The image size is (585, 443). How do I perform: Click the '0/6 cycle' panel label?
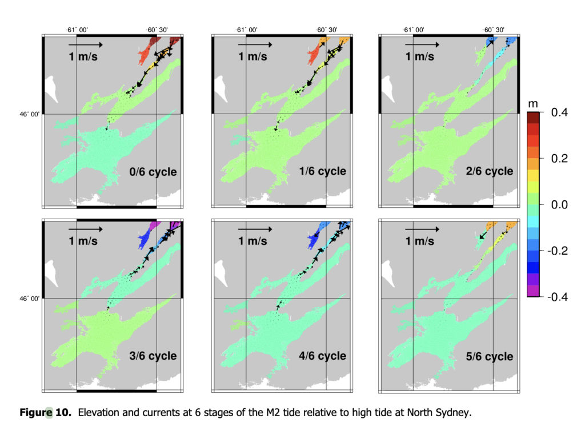click(153, 172)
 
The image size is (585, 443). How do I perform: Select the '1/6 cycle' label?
click(322, 171)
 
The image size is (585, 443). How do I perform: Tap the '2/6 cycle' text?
click(490, 171)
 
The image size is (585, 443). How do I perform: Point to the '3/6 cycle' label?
click(153, 356)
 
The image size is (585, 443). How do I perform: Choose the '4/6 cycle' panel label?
click(322, 356)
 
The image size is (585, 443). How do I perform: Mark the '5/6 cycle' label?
click(490, 356)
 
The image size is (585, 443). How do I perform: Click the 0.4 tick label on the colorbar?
click(559, 112)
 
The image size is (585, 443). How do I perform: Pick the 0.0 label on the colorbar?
click(559, 204)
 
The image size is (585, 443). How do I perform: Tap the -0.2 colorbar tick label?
click(558, 251)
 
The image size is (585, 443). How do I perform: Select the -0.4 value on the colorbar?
click(558, 297)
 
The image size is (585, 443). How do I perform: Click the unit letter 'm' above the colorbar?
click(533, 104)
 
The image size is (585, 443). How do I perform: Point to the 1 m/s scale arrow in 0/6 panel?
click(86, 45)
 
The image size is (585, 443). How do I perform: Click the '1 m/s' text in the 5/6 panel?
click(420, 241)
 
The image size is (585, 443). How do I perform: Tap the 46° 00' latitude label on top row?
click(30, 114)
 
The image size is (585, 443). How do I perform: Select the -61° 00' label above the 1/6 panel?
click(246, 30)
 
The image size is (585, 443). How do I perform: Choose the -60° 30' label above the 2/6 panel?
click(493, 30)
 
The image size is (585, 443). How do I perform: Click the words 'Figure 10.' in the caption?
click(45, 412)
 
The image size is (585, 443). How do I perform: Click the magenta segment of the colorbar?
click(533, 291)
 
